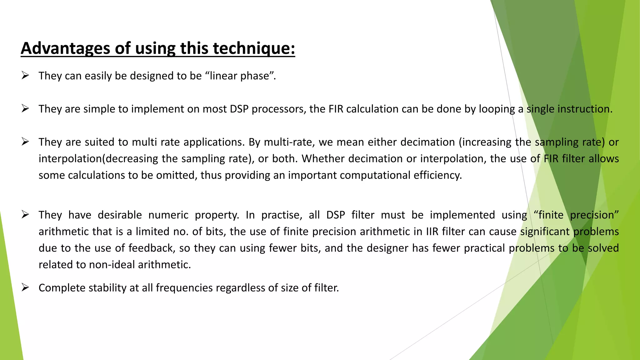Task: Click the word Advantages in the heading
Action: (65, 48)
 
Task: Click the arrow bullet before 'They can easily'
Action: (25, 75)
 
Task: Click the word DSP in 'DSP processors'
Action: (239, 109)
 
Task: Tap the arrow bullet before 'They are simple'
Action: (25, 108)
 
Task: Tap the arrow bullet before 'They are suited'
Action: (25, 142)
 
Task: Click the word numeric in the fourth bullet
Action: (168, 215)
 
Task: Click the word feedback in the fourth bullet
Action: (152, 248)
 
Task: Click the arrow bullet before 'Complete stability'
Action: (25, 287)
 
